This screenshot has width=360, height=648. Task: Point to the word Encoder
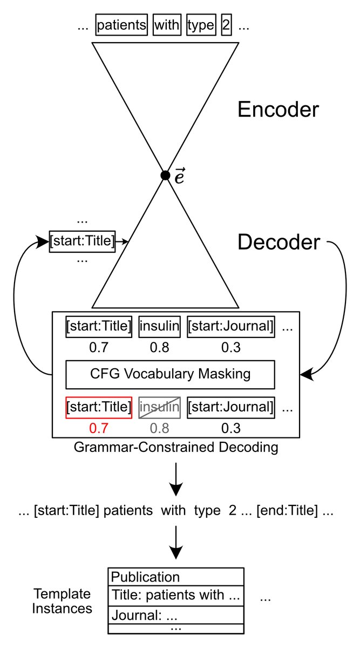point(278,110)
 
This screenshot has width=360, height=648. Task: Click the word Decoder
point(279,242)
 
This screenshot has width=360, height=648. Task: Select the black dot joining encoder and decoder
point(165,175)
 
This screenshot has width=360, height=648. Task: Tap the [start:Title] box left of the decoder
point(82,241)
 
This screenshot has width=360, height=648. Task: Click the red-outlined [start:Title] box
point(99,407)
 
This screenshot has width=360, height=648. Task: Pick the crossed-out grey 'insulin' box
point(159,407)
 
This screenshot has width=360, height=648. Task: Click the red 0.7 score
point(99,428)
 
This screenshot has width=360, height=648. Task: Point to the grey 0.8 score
point(159,428)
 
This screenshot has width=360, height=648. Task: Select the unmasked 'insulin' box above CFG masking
point(159,327)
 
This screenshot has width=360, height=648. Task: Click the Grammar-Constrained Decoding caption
point(175,448)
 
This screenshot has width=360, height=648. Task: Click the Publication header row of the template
point(176,577)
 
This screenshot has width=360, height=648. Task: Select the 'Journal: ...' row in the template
point(176,615)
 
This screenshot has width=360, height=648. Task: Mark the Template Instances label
point(62,601)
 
